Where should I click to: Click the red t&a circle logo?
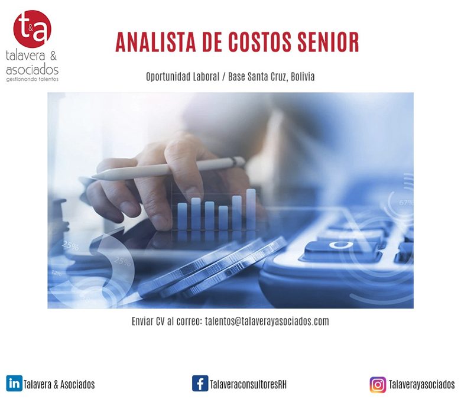(33, 29)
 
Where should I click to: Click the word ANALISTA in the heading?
(156, 42)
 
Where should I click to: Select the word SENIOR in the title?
(328, 42)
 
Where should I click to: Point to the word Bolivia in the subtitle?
(303, 77)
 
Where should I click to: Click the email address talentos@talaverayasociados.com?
(267, 322)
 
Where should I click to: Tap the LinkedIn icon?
(14, 384)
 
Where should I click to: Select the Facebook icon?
(200, 384)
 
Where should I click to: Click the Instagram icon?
(378, 385)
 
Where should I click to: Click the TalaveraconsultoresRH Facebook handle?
(248, 385)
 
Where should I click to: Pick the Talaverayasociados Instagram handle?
(421, 385)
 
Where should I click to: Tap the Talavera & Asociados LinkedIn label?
(59, 385)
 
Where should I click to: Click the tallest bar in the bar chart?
(251, 209)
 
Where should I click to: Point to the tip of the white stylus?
(92, 177)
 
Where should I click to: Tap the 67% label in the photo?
(405, 203)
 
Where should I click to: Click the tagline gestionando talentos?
(33, 79)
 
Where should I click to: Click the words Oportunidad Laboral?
(183, 77)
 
